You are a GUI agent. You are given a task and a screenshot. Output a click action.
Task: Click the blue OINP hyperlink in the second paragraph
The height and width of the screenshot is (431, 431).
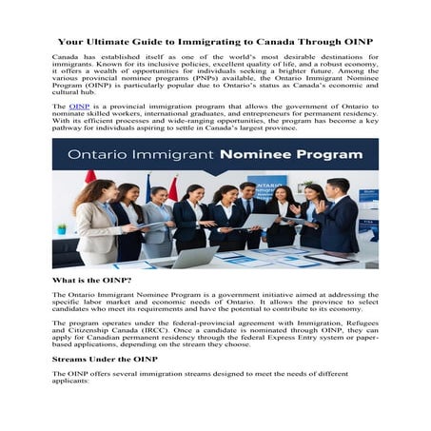pos(79,107)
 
